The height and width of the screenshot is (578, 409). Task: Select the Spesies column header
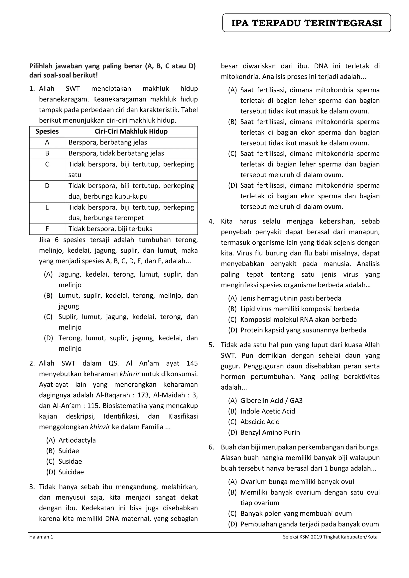[x=47, y=131]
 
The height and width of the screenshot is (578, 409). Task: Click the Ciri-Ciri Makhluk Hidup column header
[x=131, y=131]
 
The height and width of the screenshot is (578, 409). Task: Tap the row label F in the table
[x=47, y=229]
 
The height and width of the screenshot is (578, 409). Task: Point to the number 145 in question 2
[x=192, y=363]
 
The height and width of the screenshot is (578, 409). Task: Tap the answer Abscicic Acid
[x=260, y=422]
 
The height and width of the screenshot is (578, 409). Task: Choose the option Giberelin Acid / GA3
[x=271, y=401]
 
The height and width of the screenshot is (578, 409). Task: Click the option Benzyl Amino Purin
[x=270, y=432]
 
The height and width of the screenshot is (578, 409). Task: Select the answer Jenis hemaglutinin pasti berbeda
[x=291, y=298]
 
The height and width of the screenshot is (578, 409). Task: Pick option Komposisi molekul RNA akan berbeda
[x=298, y=320]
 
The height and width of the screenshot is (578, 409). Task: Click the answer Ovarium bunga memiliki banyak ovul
[x=297, y=482]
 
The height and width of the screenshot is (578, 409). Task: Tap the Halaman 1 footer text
[x=41, y=537]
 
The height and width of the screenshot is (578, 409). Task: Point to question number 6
[x=211, y=447]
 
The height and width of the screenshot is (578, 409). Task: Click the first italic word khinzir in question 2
[x=129, y=374]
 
